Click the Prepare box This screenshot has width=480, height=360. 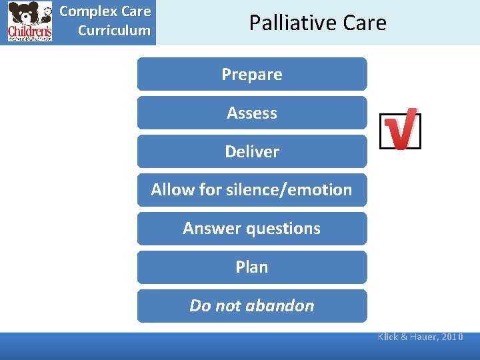[x=252, y=74]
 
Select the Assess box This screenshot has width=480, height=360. [x=252, y=113]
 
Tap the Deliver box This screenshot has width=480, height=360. [x=252, y=151]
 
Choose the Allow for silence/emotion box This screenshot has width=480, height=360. [x=252, y=190]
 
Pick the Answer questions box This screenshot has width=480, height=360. [x=252, y=229]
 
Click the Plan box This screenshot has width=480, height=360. [x=252, y=267]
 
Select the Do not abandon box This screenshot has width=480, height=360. [x=252, y=306]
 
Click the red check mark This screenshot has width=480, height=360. [x=401, y=129]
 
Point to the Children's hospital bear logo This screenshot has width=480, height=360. [x=30, y=22]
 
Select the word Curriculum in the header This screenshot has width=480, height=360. [x=114, y=31]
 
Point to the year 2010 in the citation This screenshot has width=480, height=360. [x=451, y=337]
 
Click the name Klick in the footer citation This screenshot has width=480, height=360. [x=388, y=337]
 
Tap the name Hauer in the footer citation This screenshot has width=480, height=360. [x=421, y=337]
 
